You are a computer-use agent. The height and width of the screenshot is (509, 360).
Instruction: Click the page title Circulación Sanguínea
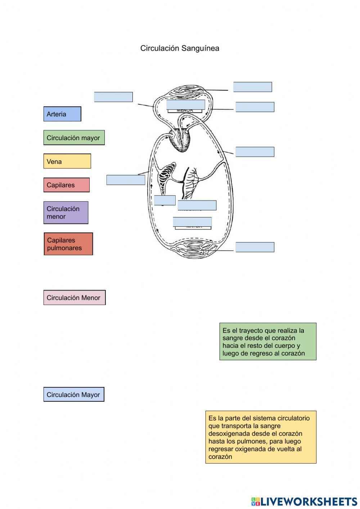[180, 48]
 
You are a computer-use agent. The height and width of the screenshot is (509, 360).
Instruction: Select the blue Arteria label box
[62, 114]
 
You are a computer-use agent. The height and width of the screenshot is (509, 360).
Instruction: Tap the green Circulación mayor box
[74, 138]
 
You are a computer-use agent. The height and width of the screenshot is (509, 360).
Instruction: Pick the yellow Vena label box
[67, 161]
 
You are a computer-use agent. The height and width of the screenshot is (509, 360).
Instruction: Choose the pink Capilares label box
[66, 185]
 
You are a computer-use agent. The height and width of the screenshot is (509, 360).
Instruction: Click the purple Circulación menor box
[66, 213]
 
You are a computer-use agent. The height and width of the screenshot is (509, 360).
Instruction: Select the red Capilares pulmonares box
[68, 244]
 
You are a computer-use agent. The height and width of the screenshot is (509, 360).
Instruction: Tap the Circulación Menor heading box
[75, 298]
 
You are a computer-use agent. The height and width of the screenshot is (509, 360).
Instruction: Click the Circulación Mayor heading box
[74, 395]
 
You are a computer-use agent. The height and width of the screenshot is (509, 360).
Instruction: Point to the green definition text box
[268, 342]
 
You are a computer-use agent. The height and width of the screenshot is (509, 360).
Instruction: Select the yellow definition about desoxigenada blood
[261, 437]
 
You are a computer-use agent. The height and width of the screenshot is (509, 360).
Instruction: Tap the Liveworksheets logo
[304, 501]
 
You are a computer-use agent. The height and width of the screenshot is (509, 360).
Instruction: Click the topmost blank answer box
[252, 87]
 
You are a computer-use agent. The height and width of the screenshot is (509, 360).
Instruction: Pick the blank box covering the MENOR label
[185, 105]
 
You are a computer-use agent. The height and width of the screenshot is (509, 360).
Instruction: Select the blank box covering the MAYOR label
[192, 222]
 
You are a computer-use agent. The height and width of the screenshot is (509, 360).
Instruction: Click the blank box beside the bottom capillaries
[255, 247]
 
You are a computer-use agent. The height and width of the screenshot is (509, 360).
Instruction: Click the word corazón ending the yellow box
[220, 457]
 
